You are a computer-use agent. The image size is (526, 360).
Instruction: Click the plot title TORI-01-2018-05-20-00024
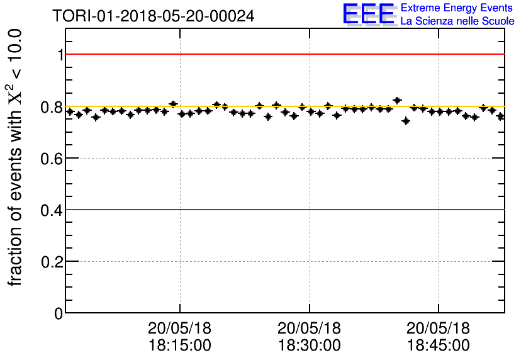click(x=154, y=16)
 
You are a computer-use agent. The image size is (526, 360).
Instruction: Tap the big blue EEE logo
click(x=369, y=14)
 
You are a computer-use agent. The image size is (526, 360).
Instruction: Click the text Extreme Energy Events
click(x=457, y=8)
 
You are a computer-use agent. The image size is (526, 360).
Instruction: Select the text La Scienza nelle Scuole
click(x=457, y=21)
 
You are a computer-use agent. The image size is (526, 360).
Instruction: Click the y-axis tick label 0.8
click(x=52, y=107)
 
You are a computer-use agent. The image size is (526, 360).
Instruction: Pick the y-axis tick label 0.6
click(x=52, y=159)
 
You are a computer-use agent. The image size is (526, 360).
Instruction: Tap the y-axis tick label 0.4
click(x=52, y=210)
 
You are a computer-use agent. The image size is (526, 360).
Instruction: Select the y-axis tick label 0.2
click(x=52, y=262)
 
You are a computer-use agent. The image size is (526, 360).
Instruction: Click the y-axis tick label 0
click(x=59, y=313)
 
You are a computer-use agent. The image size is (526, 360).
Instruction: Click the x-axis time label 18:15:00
click(x=180, y=346)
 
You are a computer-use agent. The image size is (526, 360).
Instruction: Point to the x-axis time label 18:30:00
click(x=310, y=346)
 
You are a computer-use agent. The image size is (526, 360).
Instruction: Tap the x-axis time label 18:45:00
click(x=439, y=346)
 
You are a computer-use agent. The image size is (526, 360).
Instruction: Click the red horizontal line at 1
click(x=283, y=54)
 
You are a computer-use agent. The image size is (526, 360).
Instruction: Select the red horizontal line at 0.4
click(x=283, y=209)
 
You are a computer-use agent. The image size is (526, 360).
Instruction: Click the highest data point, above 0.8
click(x=397, y=100)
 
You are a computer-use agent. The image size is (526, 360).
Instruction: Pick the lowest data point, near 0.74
click(x=406, y=121)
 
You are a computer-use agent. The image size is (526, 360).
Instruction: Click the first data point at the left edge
click(x=70, y=111)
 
